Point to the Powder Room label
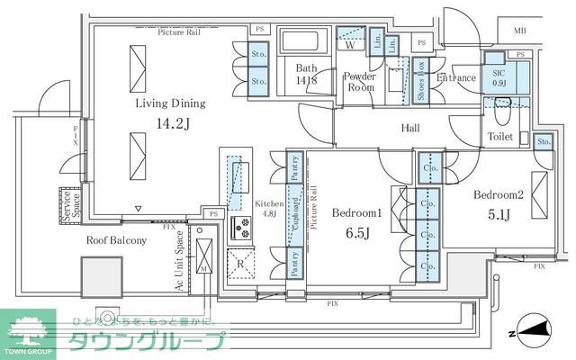coord(360,82)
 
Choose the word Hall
coord(410,129)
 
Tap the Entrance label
coord(455,78)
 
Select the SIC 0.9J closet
coord(498,77)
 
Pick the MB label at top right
coord(519,31)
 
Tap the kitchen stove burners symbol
coord(241,228)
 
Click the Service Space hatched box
coord(67,205)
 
